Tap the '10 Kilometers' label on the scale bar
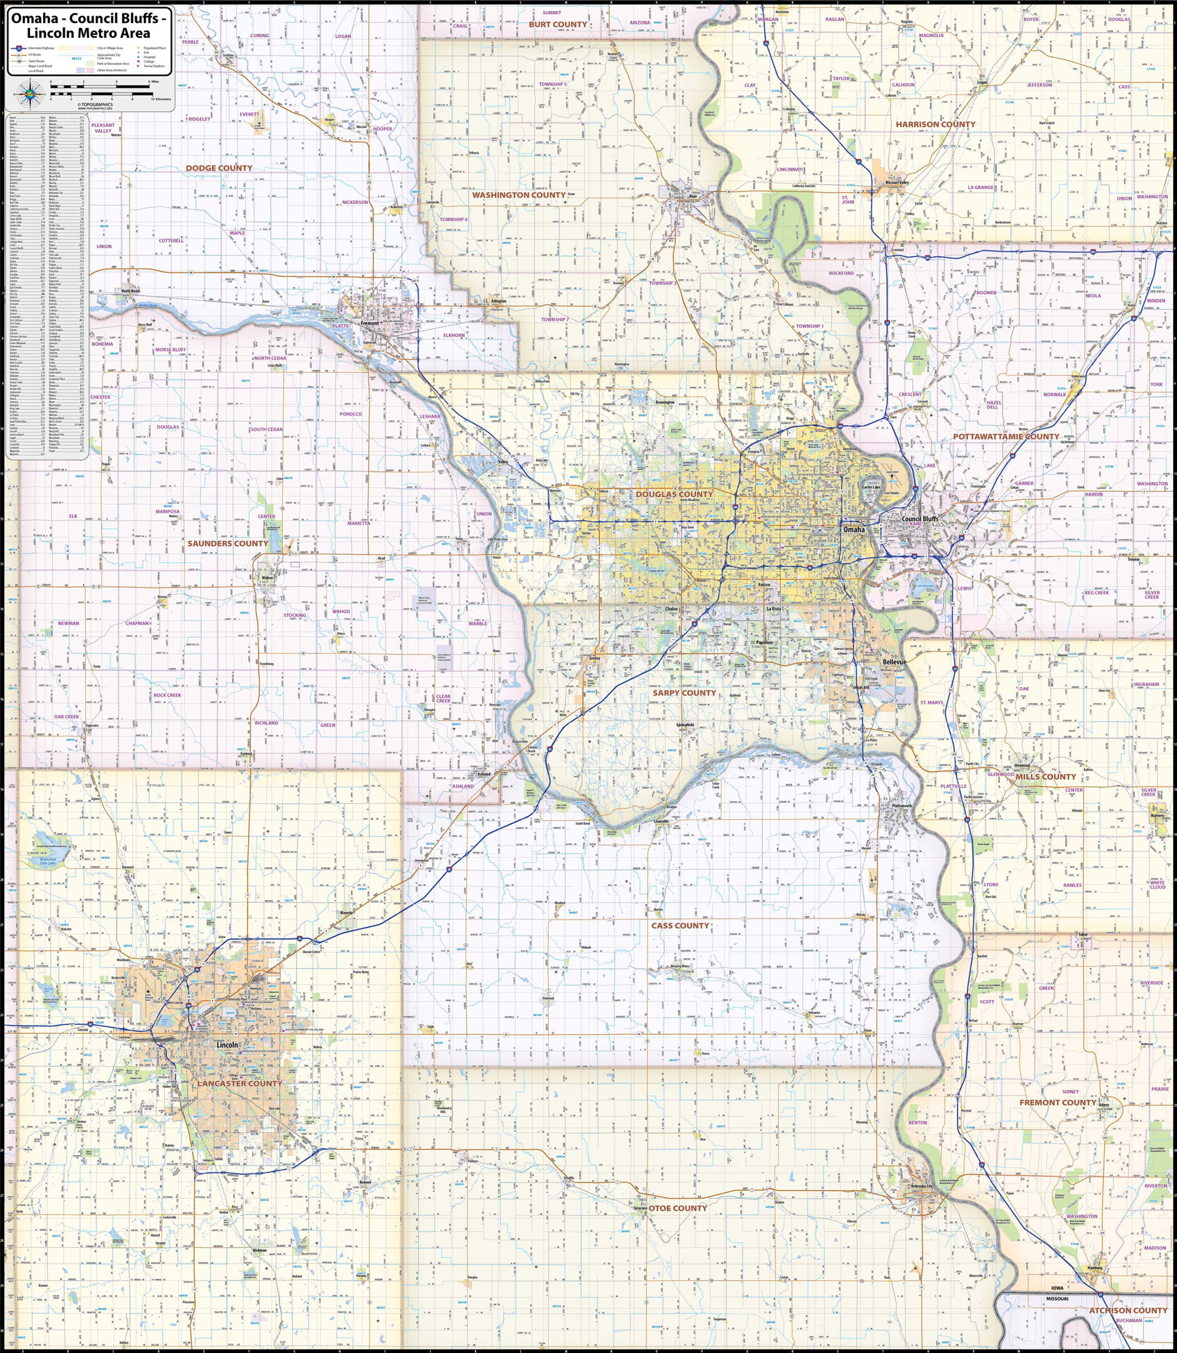161,99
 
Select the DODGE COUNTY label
219,168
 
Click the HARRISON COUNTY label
935,124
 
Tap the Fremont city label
370,324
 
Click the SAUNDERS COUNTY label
227,544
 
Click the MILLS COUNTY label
1046,777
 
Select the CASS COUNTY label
680,926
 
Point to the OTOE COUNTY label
678,1208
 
